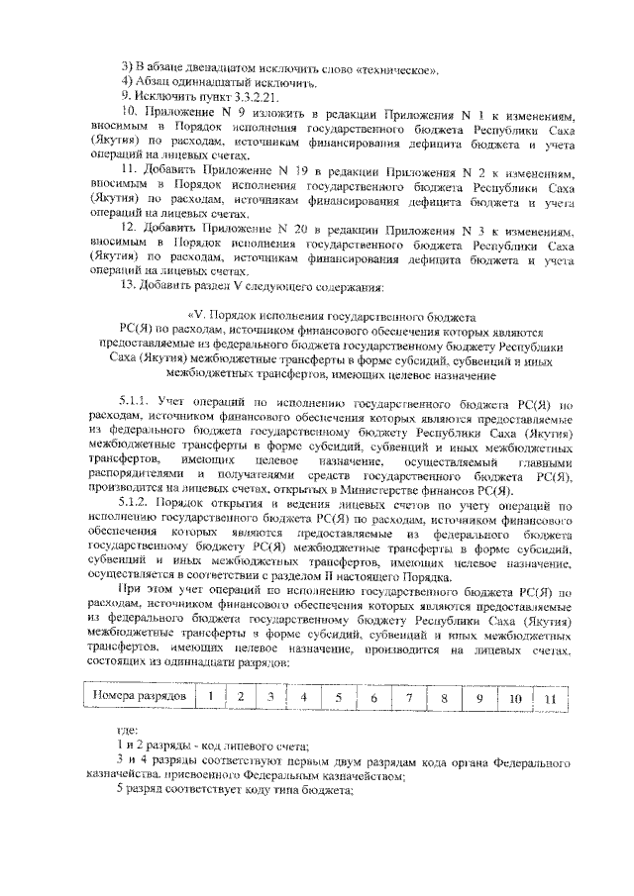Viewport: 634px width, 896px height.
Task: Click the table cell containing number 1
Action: point(210,697)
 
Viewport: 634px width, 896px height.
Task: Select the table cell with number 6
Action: point(372,698)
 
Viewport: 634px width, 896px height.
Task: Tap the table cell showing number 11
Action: point(550,699)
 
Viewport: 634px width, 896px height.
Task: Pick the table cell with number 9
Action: point(477,698)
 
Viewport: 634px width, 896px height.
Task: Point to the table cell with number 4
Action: point(303,698)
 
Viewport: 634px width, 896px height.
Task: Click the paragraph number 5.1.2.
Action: point(133,504)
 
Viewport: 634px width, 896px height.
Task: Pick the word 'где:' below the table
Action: point(126,731)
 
